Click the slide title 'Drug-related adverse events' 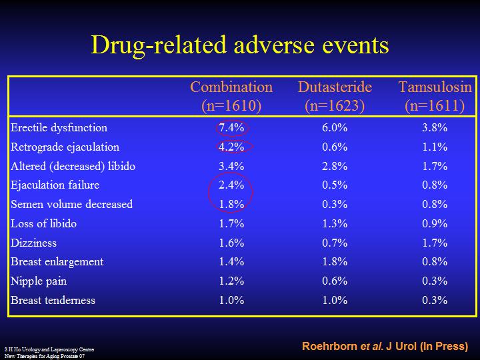239,45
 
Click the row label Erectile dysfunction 59,127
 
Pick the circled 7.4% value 231,127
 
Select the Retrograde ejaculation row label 65,147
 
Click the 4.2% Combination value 231,147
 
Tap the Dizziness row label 33,243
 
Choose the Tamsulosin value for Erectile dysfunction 435,127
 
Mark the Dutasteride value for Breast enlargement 335,262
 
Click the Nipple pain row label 39,281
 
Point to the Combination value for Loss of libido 231,223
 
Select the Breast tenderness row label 53,300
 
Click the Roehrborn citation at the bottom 385,347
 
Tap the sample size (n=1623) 335,105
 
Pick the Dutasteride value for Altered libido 335,166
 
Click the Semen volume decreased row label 71,204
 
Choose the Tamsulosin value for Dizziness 435,243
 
